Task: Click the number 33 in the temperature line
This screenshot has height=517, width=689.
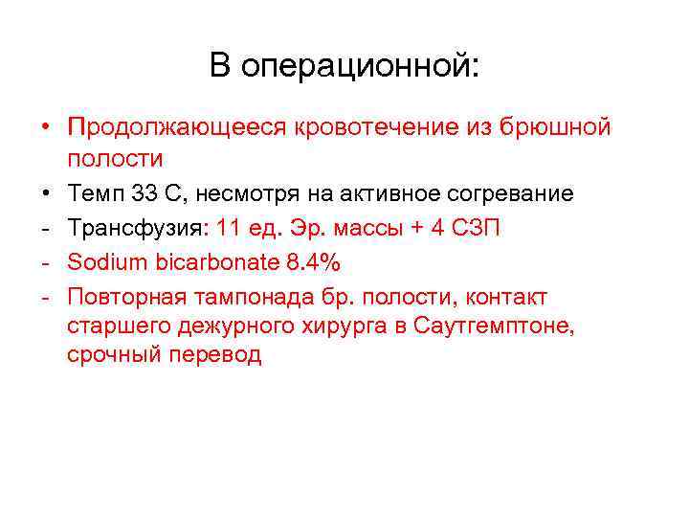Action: coord(143,194)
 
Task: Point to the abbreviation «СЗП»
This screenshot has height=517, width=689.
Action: coord(488,229)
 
